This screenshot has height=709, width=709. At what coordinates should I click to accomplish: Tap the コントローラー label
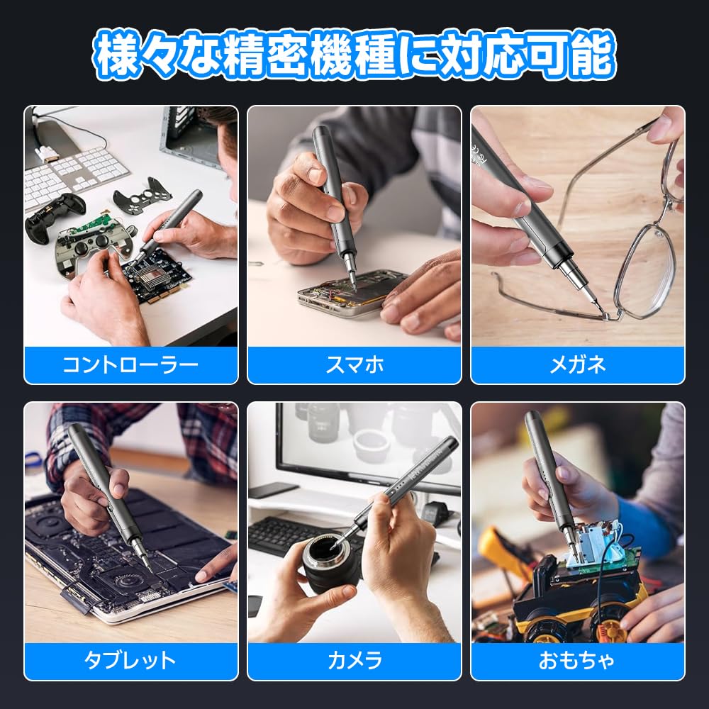[x=130, y=365]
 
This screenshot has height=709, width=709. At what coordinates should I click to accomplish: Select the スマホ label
[x=354, y=365]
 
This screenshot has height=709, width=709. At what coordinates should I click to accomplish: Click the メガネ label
[x=578, y=365]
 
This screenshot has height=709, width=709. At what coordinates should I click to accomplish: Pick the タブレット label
[x=130, y=661]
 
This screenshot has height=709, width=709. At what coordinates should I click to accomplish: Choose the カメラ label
[x=354, y=661]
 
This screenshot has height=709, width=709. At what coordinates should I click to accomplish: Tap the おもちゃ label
[x=578, y=661]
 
